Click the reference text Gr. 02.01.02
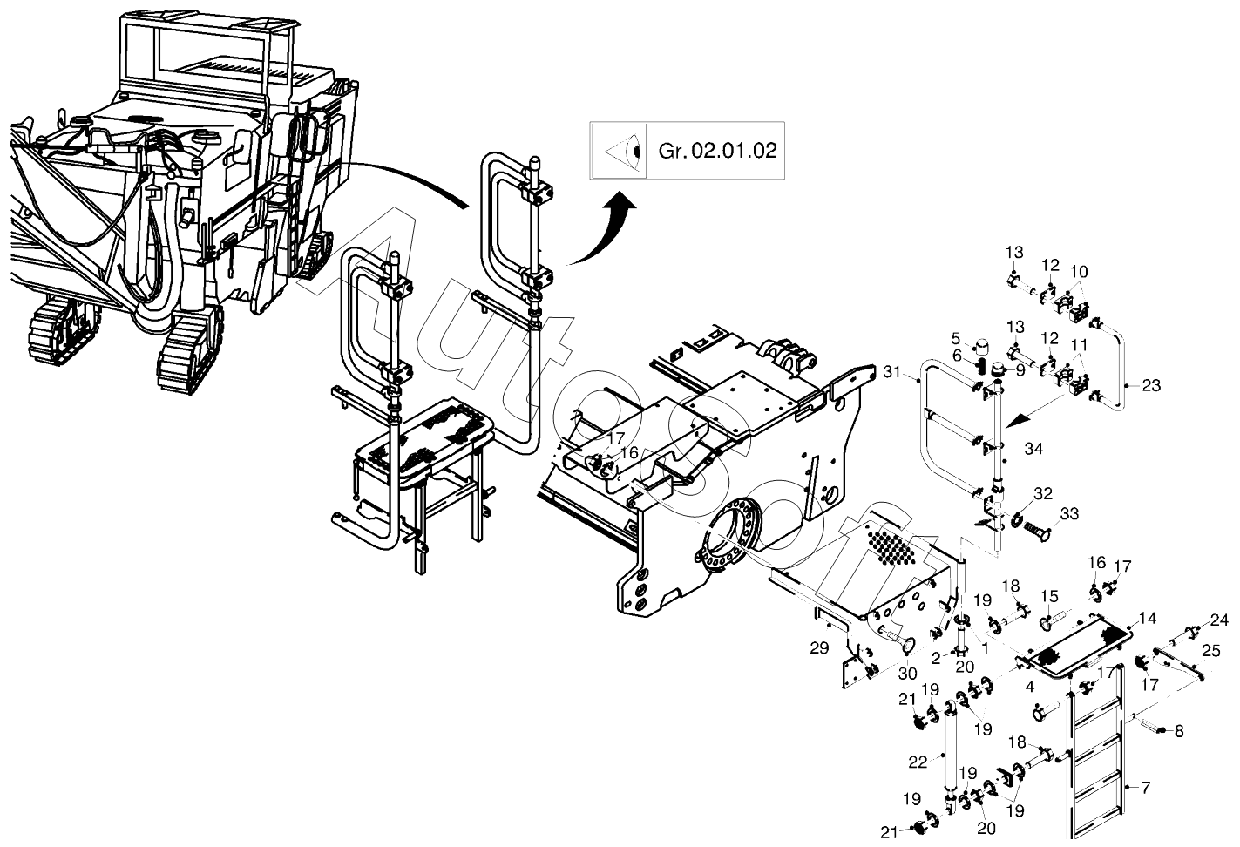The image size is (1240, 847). click(x=717, y=151)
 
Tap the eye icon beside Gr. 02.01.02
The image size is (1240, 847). click(x=623, y=151)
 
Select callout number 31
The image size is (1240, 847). click(x=891, y=372)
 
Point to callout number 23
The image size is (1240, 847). click(x=1151, y=385)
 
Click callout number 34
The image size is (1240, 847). click(x=1033, y=449)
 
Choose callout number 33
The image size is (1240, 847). click(x=1069, y=514)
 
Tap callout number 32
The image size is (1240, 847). click(x=1043, y=493)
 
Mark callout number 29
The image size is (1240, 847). click(x=819, y=647)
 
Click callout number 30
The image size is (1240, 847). click(x=908, y=674)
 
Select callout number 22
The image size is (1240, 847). click(x=918, y=762)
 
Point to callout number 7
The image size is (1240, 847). click(x=1146, y=787)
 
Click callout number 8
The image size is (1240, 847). click(x=1179, y=731)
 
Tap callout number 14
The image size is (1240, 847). click(x=1148, y=619)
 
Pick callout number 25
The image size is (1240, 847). click(x=1211, y=650)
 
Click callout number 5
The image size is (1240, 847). click(x=956, y=338)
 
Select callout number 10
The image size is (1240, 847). click(x=1079, y=272)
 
